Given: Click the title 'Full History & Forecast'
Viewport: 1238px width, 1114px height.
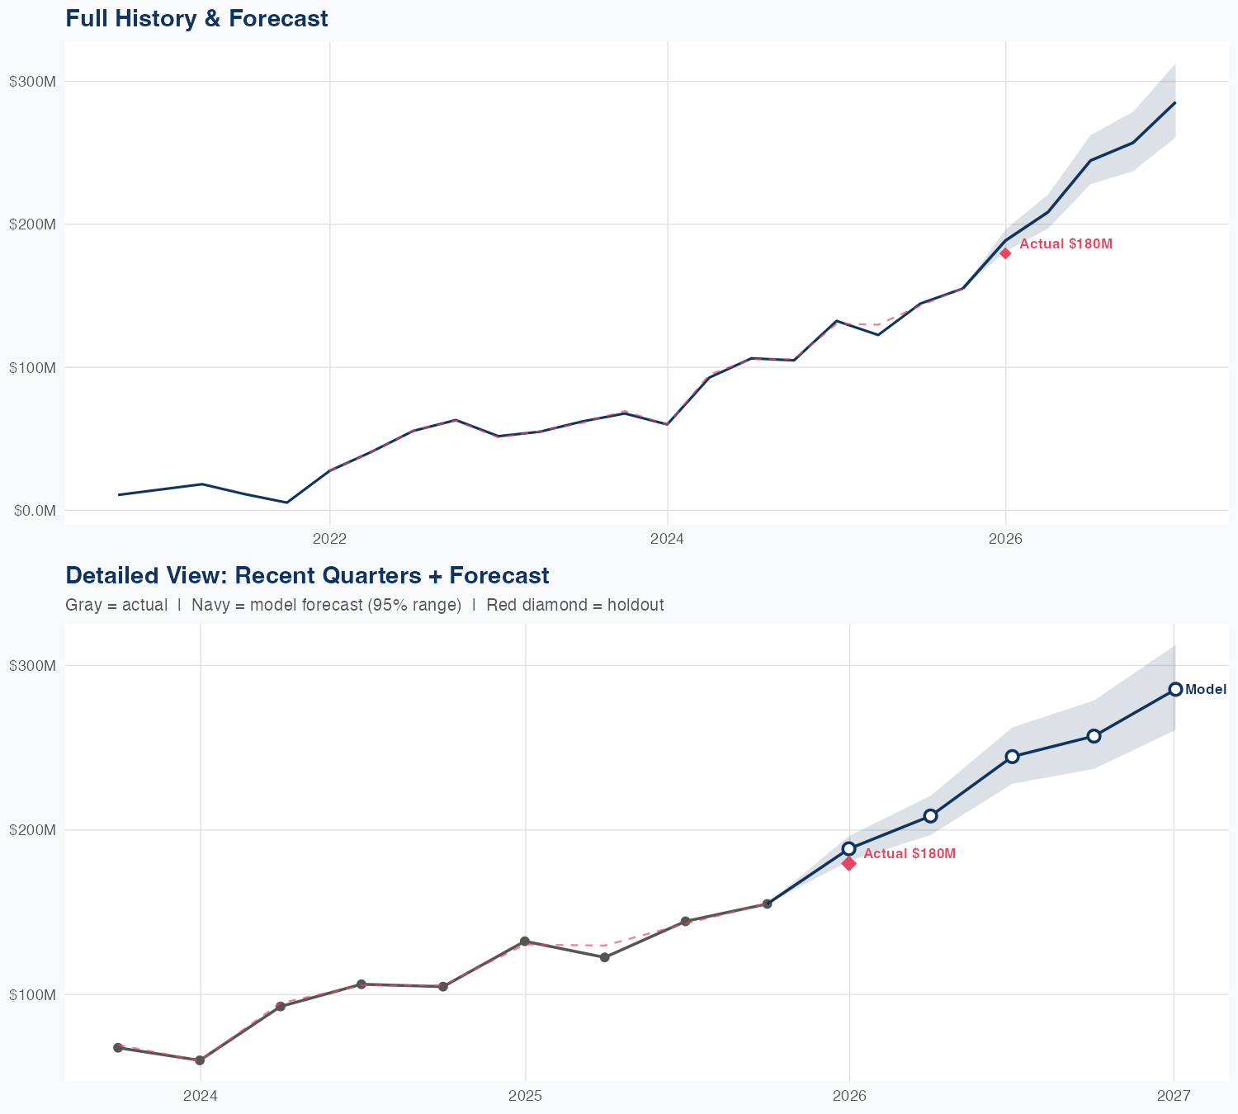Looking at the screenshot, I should [196, 18].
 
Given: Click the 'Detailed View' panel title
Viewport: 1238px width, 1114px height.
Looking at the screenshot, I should [307, 575].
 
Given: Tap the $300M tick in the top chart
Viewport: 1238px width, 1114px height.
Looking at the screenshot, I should [32, 81].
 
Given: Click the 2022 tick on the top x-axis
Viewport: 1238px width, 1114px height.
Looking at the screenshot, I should [329, 539].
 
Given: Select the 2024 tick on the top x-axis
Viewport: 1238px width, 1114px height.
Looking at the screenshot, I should [667, 539].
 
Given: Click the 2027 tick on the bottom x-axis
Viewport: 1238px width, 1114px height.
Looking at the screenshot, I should [1173, 1096].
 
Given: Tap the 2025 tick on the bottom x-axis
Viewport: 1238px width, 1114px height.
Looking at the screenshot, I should [525, 1096].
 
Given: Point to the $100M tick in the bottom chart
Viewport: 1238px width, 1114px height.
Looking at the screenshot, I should [32, 994].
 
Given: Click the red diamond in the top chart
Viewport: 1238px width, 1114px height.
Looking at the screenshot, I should [1005, 253].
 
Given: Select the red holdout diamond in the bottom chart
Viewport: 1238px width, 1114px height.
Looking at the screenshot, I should [849, 863].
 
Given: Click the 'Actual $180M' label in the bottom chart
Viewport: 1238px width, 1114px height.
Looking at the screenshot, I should [910, 853].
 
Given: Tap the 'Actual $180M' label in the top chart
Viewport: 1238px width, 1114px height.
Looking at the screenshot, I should [1066, 244].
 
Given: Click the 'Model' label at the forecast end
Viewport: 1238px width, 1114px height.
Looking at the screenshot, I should [1206, 690].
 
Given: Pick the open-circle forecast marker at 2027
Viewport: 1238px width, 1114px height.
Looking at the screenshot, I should [1175, 690].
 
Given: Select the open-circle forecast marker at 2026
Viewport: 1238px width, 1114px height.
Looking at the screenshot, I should [849, 848].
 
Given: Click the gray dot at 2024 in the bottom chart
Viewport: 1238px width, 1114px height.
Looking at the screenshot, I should [200, 1060].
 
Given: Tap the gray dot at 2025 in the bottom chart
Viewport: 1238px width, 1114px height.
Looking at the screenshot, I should [525, 942].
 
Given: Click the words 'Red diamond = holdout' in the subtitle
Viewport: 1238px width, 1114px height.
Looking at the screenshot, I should [575, 605].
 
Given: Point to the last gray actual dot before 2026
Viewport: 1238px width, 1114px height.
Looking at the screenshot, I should [767, 904].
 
